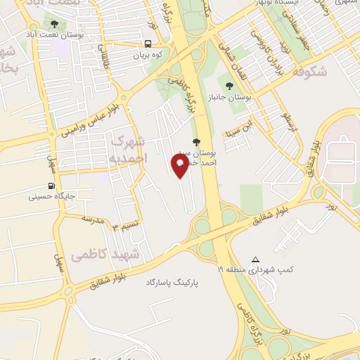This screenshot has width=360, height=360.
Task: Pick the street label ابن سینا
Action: tap(237, 131)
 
